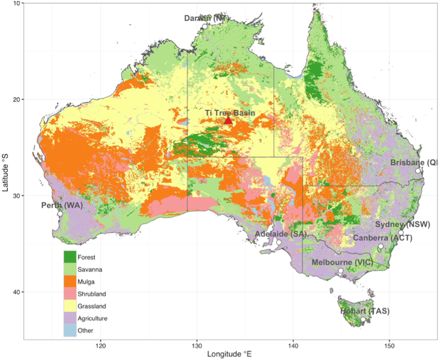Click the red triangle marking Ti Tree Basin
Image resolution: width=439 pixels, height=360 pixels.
(x=228, y=120)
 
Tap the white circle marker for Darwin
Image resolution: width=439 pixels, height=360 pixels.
(x=205, y=27)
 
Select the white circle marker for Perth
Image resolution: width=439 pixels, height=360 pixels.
(x=60, y=214)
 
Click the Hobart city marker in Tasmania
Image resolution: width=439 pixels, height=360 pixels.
(x=363, y=319)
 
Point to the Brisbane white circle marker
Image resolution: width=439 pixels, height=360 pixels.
(x=418, y=171)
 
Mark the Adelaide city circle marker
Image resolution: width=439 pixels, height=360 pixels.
(x=279, y=242)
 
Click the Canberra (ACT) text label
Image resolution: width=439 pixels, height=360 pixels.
(x=382, y=238)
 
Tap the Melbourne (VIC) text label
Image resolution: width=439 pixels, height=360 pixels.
(x=342, y=262)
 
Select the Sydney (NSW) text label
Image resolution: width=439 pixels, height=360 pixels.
(x=403, y=224)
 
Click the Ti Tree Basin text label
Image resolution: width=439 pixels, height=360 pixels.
(x=230, y=113)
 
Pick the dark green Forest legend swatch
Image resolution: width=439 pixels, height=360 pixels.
(x=70, y=257)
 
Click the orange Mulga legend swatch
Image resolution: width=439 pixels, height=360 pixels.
(x=70, y=281)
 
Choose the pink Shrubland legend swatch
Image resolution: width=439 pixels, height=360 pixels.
(x=70, y=294)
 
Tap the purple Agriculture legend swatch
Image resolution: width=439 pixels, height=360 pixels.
(x=70, y=318)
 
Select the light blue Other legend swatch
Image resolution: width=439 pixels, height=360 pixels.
(x=70, y=330)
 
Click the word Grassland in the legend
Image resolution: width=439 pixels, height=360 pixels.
(x=92, y=306)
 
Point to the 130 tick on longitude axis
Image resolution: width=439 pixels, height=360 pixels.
(x=197, y=346)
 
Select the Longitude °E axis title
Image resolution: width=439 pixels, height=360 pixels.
(x=229, y=354)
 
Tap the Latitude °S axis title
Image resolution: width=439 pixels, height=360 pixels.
(x=5, y=172)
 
